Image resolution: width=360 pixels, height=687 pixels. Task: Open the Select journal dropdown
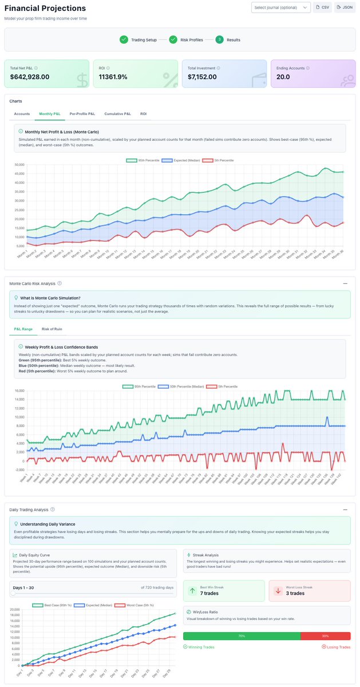coord(280,7)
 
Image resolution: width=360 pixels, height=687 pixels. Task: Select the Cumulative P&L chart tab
coord(117,114)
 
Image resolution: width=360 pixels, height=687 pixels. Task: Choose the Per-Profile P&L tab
coord(82,114)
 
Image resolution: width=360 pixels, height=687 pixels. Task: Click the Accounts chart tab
coord(22,114)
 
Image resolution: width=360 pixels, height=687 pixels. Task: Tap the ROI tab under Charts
coord(143,114)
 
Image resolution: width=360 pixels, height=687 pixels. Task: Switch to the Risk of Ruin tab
coord(52,329)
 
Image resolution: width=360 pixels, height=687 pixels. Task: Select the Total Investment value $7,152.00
coord(205,77)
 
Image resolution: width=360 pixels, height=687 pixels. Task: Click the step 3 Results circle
coord(219,40)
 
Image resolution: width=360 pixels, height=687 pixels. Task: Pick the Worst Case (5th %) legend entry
coord(136,605)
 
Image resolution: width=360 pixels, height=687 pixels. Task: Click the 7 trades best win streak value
coord(209,593)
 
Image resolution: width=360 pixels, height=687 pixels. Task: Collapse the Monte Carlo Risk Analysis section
coord(345,283)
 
